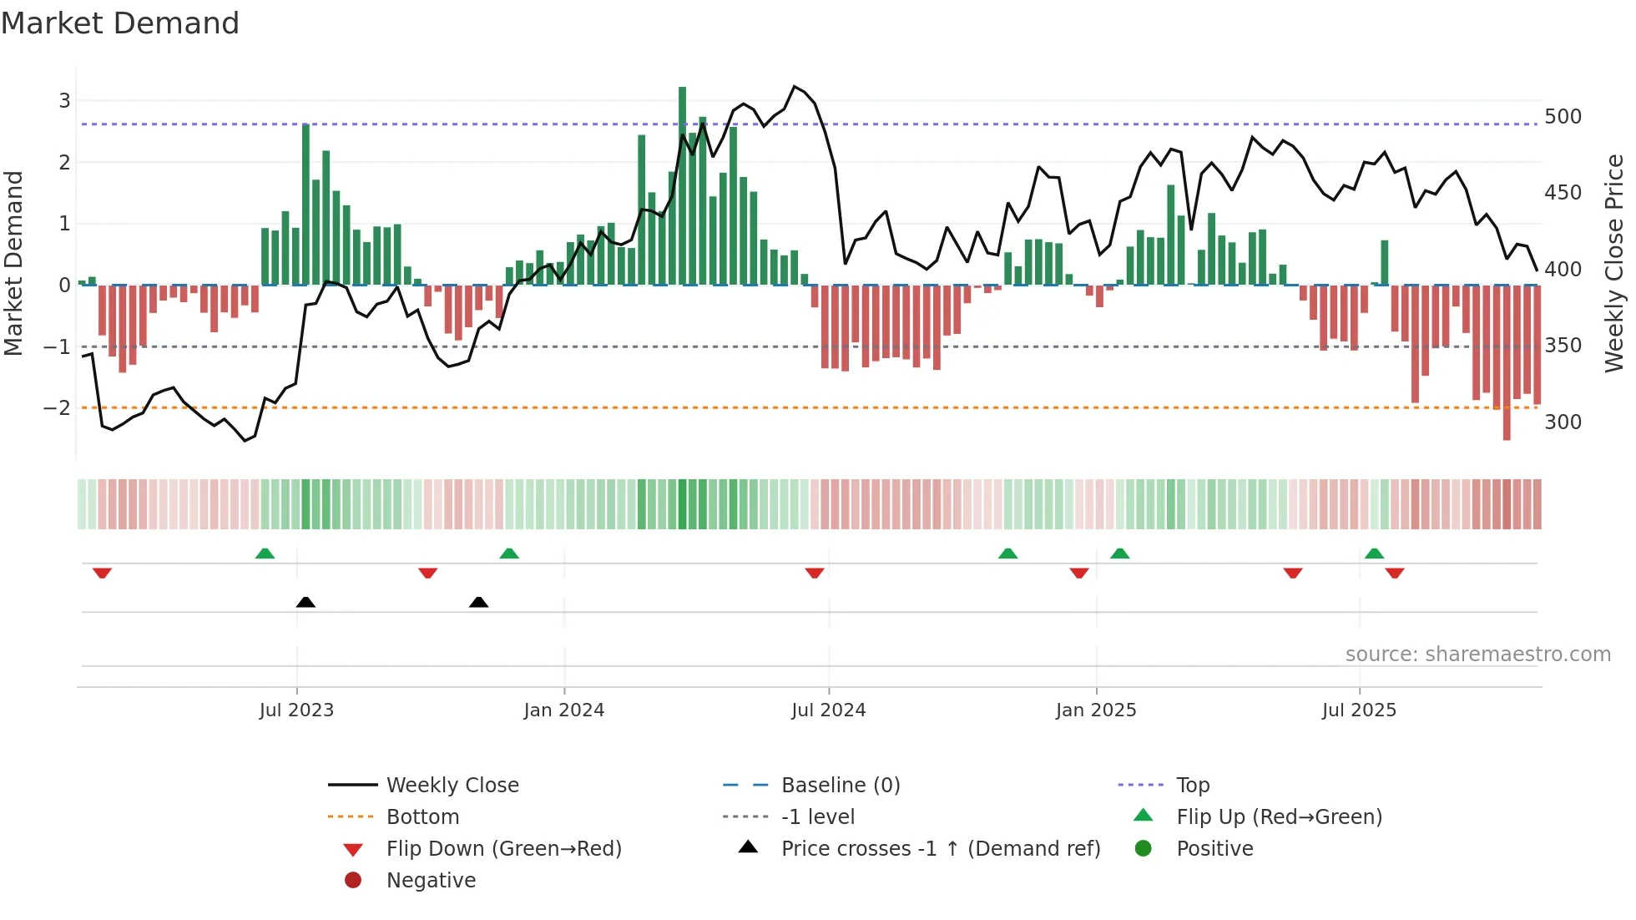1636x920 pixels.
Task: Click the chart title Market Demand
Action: pyautogui.click(x=120, y=23)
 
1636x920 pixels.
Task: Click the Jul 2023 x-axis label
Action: pyautogui.click(x=296, y=710)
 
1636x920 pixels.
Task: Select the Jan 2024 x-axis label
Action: pyautogui.click(x=563, y=710)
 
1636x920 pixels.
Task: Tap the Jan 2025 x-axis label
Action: pyautogui.click(x=1095, y=710)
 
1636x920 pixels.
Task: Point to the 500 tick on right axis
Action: pyautogui.click(x=1563, y=117)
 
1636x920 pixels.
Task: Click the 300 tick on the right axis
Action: pyautogui.click(x=1563, y=422)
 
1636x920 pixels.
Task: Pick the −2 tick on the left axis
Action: pyautogui.click(x=57, y=408)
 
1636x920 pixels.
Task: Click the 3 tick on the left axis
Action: pyautogui.click(x=64, y=101)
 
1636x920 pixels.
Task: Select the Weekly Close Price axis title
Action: pyautogui.click(x=1614, y=263)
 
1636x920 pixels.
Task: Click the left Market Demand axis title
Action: pyautogui.click(x=13, y=263)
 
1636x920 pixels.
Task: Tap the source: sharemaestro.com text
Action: pyautogui.click(x=1477, y=655)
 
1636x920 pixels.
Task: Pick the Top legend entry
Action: pyautogui.click(x=1192, y=786)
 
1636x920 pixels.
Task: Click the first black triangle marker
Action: pyautogui.click(x=305, y=602)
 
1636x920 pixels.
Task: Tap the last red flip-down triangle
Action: pyautogui.click(x=1394, y=573)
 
